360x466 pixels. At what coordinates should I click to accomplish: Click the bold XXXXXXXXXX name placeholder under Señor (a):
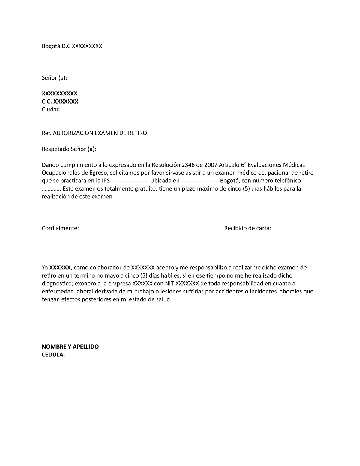point(59,93)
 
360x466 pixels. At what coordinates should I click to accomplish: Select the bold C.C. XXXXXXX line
point(60,101)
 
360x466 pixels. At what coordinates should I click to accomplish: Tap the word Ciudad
point(51,109)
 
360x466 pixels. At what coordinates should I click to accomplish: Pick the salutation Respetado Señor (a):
point(69,149)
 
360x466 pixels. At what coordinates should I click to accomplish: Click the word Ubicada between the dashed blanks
point(161,181)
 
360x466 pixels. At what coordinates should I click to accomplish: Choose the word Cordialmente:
point(60,228)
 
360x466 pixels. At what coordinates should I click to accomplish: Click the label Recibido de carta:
point(247,228)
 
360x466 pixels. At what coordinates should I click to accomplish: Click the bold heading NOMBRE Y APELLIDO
point(70,347)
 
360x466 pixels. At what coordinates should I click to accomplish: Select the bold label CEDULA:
point(53,355)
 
